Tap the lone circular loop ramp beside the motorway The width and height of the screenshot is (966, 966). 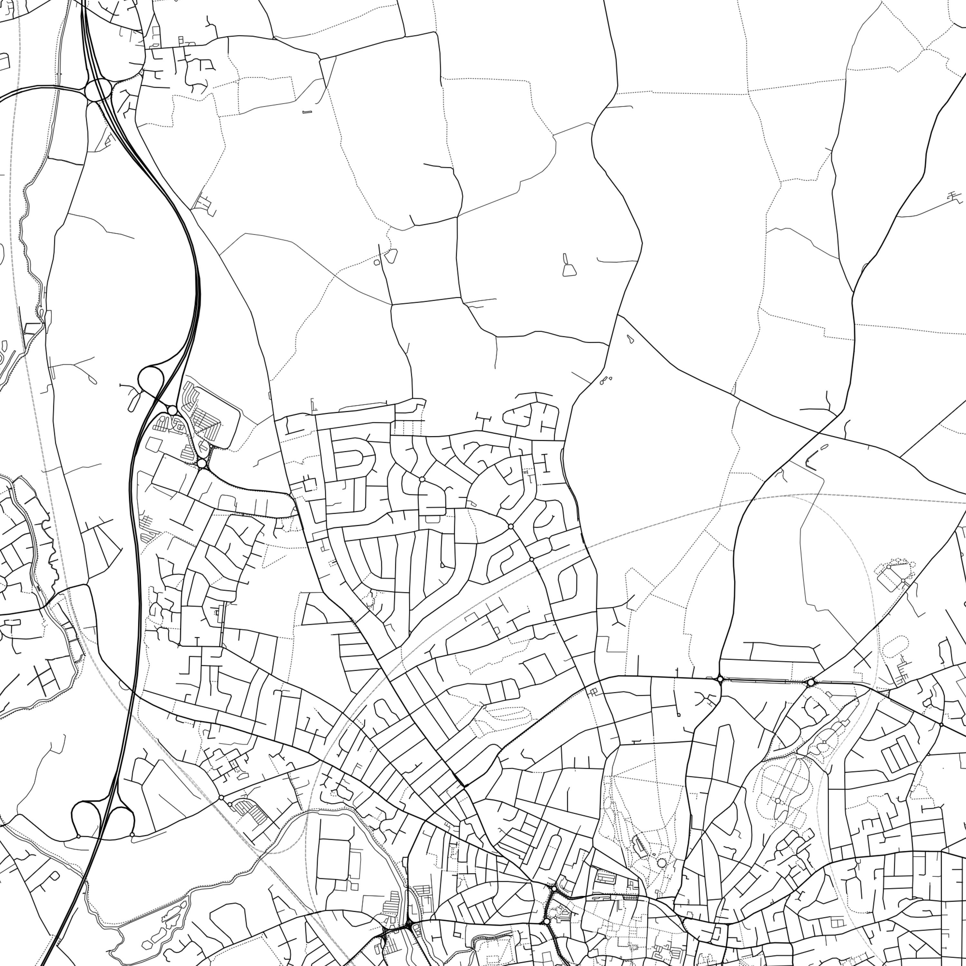pyautogui.click(x=151, y=378)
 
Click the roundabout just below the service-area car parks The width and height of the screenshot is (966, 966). pyautogui.click(x=202, y=464)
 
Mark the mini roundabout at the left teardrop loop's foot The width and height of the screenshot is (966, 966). pyautogui.click(x=79, y=836)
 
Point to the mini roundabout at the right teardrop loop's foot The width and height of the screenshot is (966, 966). pyautogui.click(x=132, y=835)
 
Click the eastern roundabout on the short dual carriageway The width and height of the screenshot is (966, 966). pyautogui.click(x=810, y=683)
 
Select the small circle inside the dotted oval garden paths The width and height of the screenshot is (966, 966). pyautogui.click(x=778, y=800)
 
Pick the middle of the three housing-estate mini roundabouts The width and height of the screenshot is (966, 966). pyautogui.click(x=510, y=526)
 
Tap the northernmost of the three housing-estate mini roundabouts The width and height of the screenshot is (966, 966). pyautogui.click(x=422, y=479)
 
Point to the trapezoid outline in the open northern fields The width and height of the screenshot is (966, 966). pyautogui.click(x=569, y=270)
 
